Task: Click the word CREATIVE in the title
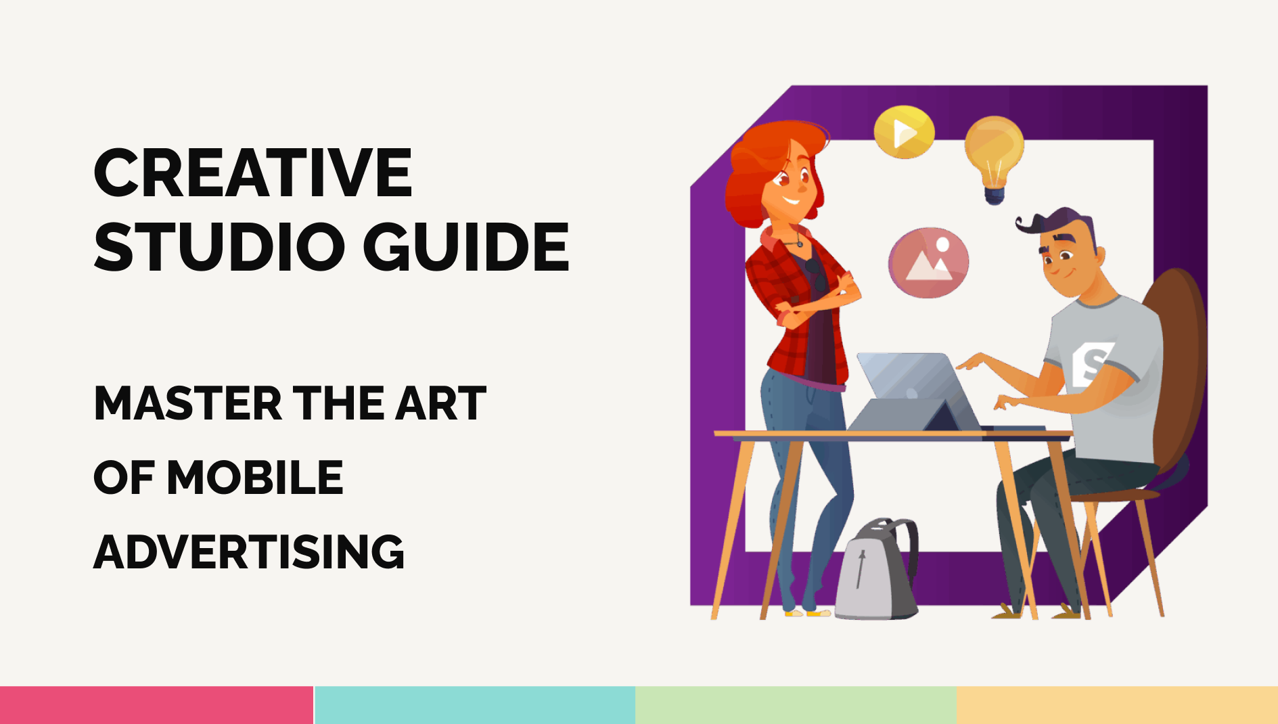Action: (252, 173)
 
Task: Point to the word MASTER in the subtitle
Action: (187, 404)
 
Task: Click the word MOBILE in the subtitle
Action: (255, 478)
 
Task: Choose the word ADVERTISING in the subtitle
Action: (249, 552)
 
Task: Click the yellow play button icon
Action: (904, 132)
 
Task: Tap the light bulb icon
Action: (993, 156)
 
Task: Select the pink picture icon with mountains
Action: (928, 263)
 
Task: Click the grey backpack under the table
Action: (876, 572)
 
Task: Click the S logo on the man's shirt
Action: (1091, 364)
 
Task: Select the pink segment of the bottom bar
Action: (156, 705)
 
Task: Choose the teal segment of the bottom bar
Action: (474, 705)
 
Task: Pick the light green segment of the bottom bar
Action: (796, 705)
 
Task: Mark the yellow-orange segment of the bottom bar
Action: (1117, 705)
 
